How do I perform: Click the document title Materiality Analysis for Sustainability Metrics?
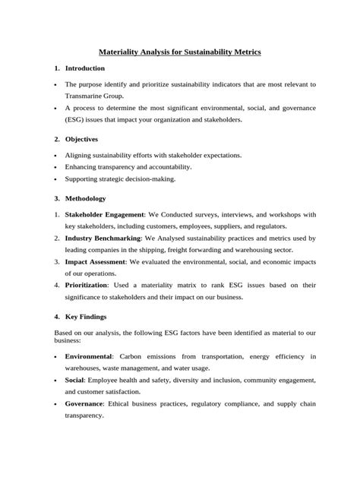(180, 52)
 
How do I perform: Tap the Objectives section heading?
(81, 140)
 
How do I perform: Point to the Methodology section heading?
(86, 198)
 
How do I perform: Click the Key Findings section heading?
(85, 316)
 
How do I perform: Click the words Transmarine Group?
(94, 96)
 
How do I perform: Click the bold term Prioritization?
(86, 285)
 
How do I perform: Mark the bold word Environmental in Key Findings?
(89, 355)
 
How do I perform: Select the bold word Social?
(75, 379)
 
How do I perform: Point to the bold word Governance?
(86, 403)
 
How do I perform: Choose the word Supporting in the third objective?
(84, 178)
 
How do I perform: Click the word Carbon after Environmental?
(133, 355)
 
